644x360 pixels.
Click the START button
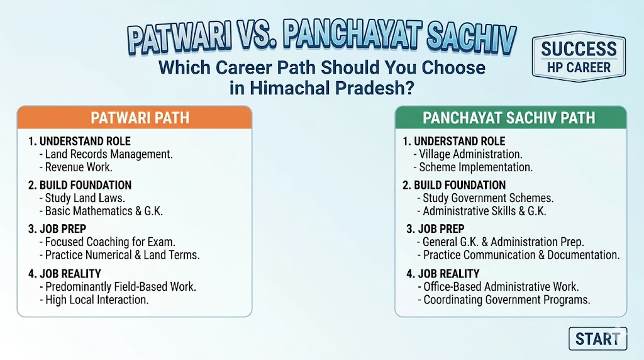597,339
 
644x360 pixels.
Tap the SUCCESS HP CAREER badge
579,57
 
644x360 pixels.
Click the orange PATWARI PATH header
135,118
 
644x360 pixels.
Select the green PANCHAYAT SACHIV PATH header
511,118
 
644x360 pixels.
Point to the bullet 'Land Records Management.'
106,154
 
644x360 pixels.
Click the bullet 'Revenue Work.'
76,167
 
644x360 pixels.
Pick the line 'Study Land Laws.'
82,198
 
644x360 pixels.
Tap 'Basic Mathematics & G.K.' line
101,211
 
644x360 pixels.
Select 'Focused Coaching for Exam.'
107,242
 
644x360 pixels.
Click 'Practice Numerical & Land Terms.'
119,255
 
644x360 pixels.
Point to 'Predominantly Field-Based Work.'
118,287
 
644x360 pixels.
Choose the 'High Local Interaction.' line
94,300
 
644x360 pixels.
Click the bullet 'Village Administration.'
468,154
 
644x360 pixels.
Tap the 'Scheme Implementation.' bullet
473,167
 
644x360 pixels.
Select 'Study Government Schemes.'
486,198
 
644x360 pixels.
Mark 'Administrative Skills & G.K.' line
482,211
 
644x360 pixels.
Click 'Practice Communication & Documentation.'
519,255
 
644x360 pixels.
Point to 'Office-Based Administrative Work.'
498,287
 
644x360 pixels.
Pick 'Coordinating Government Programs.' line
504,300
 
